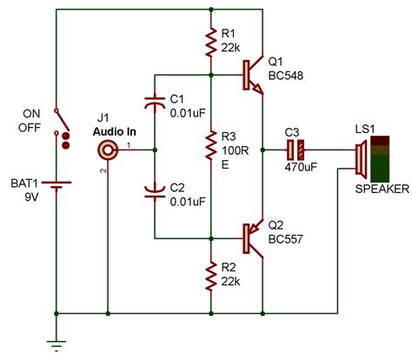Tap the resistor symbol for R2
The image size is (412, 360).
coord(211,277)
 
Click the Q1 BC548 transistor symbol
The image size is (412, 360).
coord(253,75)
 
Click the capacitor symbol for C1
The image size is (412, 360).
coord(155,103)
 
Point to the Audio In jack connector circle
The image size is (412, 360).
coord(108,150)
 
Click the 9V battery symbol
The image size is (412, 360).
coord(56,185)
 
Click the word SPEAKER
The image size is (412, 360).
coord(377,190)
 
